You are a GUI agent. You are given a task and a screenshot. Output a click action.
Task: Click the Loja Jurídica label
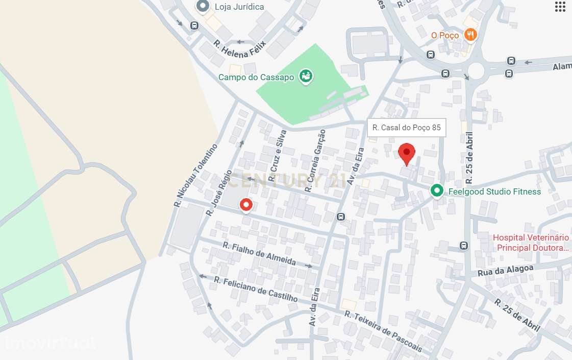[x=239, y=7]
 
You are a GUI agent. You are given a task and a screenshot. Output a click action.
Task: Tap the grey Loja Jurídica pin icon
[x=203, y=7]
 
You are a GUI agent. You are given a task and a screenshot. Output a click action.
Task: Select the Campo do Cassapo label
[x=256, y=77]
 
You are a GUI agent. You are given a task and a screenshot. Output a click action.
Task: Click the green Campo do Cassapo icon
[x=306, y=77]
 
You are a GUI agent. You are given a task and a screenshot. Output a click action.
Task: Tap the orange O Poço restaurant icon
[x=470, y=35]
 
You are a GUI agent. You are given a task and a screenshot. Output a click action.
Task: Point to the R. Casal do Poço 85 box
[x=407, y=128]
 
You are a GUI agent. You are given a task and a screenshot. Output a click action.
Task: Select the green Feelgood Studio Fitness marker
[x=436, y=191]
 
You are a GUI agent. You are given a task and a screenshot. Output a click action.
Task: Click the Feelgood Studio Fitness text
[x=494, y=191]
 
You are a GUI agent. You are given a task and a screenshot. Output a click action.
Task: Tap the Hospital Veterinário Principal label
[x=531, y=243]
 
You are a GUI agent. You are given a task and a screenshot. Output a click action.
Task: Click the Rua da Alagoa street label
[x=506, y=271]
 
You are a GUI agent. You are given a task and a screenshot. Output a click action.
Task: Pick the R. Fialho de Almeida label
[x=259, y=253]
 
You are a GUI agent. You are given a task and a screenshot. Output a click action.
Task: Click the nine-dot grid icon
[x=560, y=7]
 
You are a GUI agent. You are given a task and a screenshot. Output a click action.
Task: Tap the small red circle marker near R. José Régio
[x=246, y=205]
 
